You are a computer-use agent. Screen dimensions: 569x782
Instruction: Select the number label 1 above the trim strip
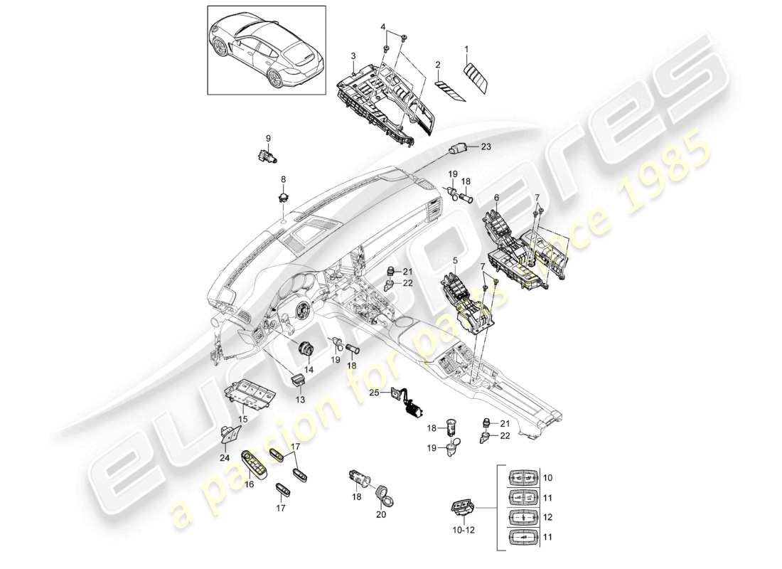click(x=467, y=48)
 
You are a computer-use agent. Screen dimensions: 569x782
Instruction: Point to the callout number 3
click(x=353, y=55)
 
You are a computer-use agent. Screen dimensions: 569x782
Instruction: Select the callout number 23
click(x=486, y=147)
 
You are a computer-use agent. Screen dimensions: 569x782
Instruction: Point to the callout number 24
click(x=225, y=458)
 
